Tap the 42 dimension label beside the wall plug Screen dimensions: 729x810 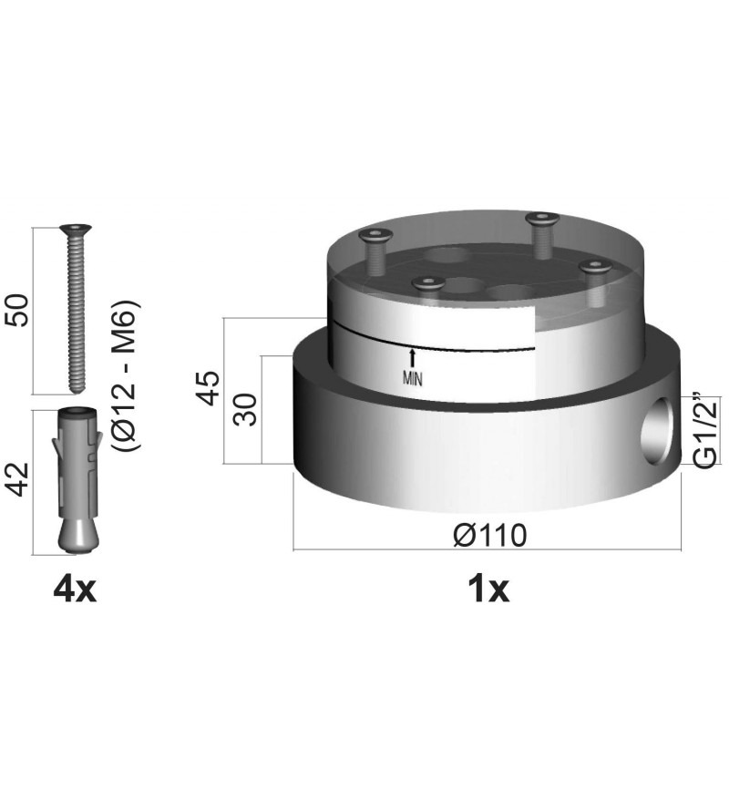[x=18, y=479]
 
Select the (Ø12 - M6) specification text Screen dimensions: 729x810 [x=126, y=375]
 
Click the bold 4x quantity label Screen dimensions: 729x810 [x=75, y=590]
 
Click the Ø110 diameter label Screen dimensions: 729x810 [x=489, y=535]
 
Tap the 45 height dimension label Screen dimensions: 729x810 [x=210, y=388]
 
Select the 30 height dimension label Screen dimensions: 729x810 [x=245, y=409]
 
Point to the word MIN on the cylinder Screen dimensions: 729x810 [x=412, y=379]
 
